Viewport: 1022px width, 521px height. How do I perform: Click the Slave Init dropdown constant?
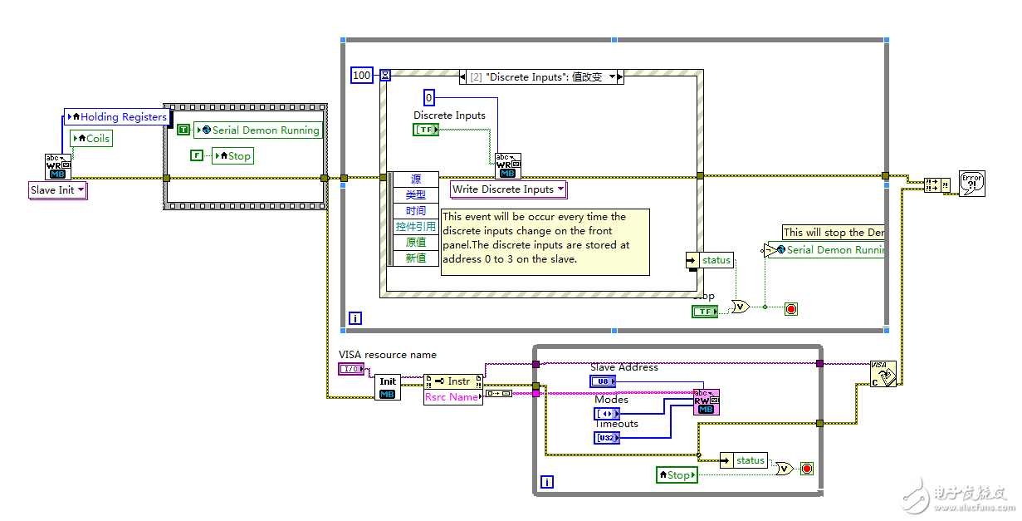point(58,190)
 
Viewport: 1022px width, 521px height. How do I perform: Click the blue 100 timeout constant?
point(362,76)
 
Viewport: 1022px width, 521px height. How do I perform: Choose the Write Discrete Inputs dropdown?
point(508,189)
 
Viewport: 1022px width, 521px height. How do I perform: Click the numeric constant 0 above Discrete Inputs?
point(429,97)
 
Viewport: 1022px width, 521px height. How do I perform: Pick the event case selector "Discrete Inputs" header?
point(541,76)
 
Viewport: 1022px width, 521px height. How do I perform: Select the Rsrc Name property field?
point(452,397)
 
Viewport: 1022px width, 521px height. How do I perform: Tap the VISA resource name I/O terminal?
point(351,368)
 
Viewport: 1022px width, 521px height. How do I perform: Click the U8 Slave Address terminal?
point(604,381)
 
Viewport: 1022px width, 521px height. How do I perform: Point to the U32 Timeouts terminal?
point(607,438)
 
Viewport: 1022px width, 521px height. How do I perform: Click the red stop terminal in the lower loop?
point(806,469)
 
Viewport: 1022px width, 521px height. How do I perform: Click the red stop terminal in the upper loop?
point(791,309)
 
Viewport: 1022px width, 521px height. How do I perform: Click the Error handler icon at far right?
point(971,183)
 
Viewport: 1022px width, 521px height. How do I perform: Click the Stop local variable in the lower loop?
point(677,475)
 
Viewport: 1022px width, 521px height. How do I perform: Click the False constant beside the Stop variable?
point(196,155)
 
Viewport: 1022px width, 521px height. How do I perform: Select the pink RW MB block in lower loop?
point(706,402)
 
